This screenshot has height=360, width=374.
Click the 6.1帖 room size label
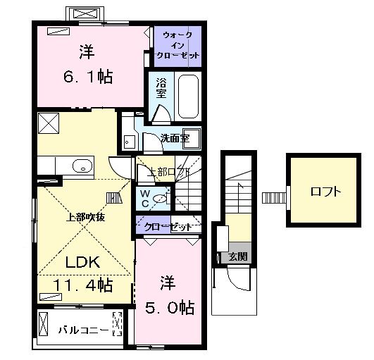tap(88, 76)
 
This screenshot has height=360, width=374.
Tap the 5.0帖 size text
tap(170, 307)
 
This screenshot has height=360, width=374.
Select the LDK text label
tap(82, 262)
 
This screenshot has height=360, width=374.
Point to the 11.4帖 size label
tap(83, 285)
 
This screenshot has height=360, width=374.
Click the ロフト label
tap(325, 192)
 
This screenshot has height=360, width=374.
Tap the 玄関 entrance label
tap(238, 256)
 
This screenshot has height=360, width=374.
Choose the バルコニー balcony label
tap(84, 330)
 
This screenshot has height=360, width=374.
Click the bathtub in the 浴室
tap(188, 97)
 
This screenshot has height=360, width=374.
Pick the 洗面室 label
tap(175, 138)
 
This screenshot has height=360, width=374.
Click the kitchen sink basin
tap(82, 166)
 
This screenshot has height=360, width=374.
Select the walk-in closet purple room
tap(177, 46)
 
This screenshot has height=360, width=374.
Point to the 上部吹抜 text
tap(85, 217)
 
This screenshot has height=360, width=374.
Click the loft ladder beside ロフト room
tap(274, 198)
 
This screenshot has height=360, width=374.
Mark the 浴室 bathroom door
tap(162, 114)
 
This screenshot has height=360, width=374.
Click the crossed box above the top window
tap(85, 14)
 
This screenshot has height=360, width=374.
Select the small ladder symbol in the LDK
tap(114, 198)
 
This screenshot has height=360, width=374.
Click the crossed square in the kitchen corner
tap(49, 123)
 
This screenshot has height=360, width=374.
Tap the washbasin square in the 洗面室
tap(192, 139)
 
